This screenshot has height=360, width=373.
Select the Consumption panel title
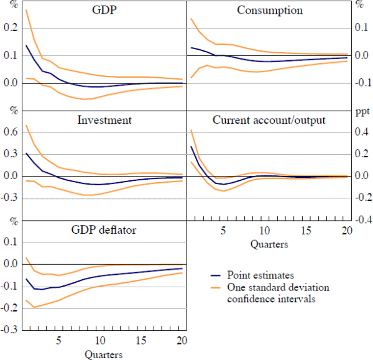click(270, 11)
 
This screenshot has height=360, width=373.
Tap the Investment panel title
click(104, 120)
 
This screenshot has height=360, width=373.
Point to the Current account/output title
click(269, 120)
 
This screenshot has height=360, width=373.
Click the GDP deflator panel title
click(103, 230)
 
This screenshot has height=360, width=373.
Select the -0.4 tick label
click(361, 220)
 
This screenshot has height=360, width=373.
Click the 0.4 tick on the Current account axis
click(361, 132)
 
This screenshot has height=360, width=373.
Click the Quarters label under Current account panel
click(269, 244)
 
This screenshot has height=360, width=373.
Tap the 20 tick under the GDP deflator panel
click(181, 341)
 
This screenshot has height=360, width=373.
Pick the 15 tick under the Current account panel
click(305, 231)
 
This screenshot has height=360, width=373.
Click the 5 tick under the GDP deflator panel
click(59, 341)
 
